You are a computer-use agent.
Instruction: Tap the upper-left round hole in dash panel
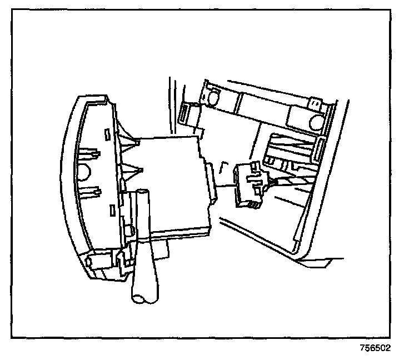click(x=212, y=99)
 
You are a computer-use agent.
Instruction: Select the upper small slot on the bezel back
click(x=106, y=133)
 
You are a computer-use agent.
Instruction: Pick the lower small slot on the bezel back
click(x=112, y=210)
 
